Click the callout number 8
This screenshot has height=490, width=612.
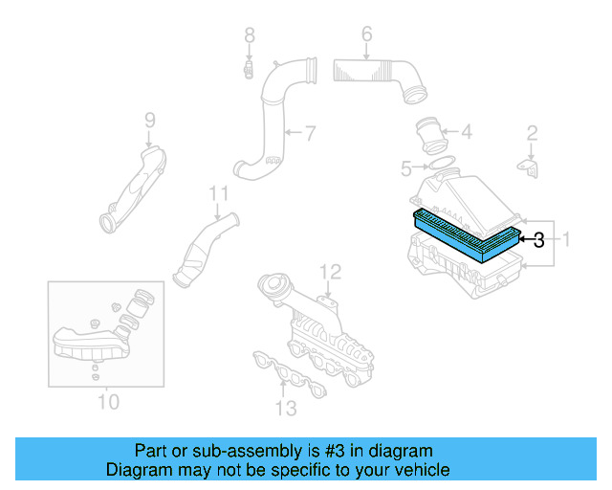pyautogui.click(x=249, y=35)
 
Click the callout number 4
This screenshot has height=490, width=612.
pyautogui.click(x=466, y=132)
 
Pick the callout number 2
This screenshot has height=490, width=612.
pyautogui.click(x=533, y=132)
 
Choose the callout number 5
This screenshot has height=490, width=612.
pyautogui.click(x=406, y=169)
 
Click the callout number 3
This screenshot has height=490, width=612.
pyautogui.click(x=539, y=240)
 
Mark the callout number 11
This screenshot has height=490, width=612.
pyautogui.click(x=219, y=194)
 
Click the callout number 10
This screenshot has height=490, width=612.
pyautogui.click(x=108, y=400)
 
